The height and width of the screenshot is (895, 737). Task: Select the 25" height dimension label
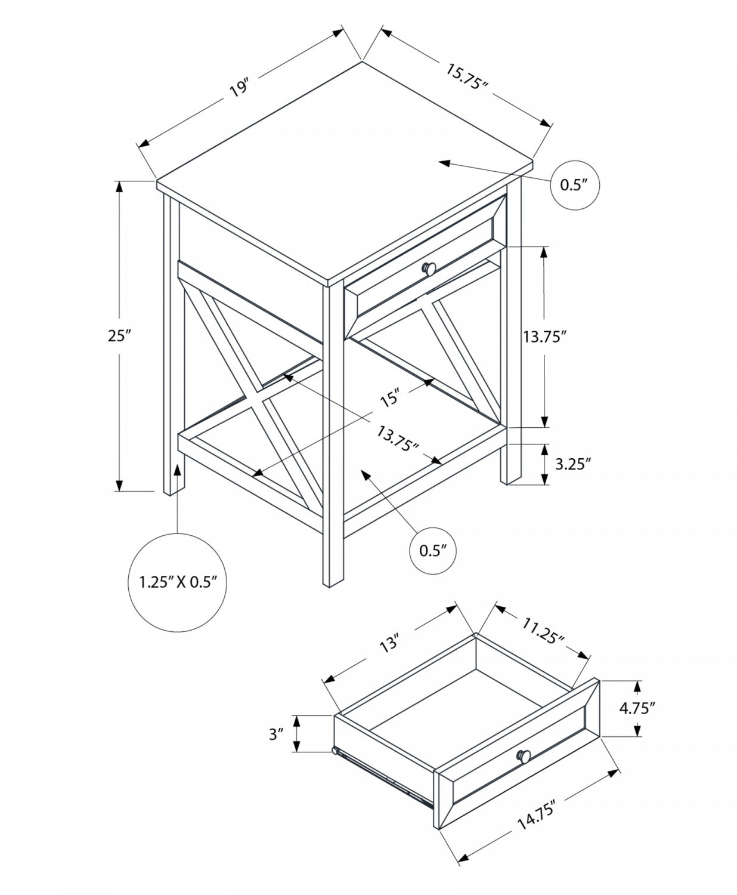point(119,336)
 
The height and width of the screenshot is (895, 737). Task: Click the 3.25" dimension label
point(573,463)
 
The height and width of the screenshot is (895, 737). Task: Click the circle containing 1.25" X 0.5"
point(177,582)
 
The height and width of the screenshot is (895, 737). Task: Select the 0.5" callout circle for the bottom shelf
point(433,550)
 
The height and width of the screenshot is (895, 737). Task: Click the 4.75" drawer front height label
point(637,708)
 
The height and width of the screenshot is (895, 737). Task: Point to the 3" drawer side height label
point(275,734)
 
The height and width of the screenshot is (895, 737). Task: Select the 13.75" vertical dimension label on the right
point(543,337)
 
